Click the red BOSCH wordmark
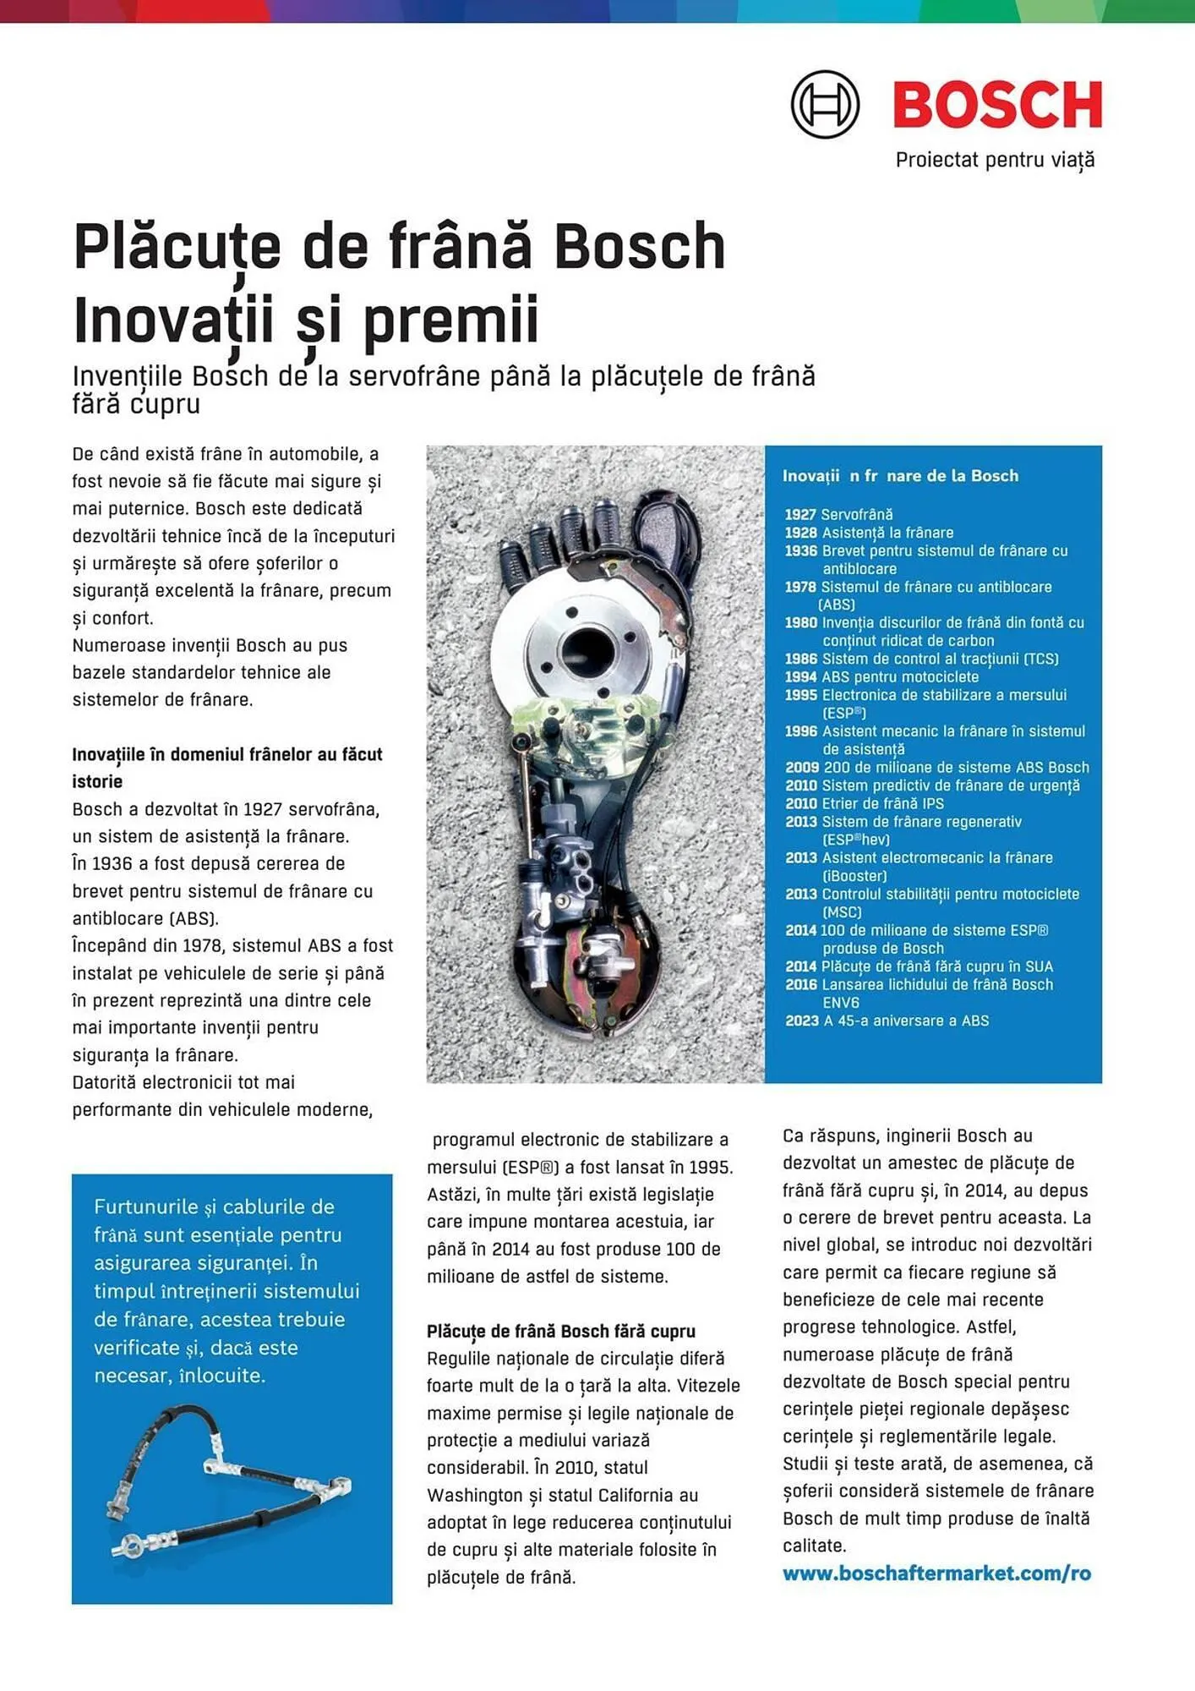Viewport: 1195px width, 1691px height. (x=997, y=105)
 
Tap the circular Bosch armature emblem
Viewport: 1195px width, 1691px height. (x=825, y=105)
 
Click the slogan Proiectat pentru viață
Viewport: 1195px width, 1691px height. (x=995, y=160)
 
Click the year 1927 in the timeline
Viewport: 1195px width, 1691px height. (x=799, y=514)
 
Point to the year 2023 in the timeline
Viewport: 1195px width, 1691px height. (x=801, y=1021)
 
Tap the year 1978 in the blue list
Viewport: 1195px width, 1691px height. (x=799, y=587)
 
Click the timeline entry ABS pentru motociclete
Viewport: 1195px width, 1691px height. (x=900, y=677)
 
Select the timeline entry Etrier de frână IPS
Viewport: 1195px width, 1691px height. (x=882, y=803)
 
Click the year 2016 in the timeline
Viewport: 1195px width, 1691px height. (x=800, y=984)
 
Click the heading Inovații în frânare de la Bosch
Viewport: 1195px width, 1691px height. (x=900, y=476)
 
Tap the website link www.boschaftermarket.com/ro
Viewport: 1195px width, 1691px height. (x=936, y=1573)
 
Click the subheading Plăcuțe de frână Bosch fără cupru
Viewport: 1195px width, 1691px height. (x=560, y=1331)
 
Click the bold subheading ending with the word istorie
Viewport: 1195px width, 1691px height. (x=226, y=767)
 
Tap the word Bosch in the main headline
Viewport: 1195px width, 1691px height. (x=640, y=247)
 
